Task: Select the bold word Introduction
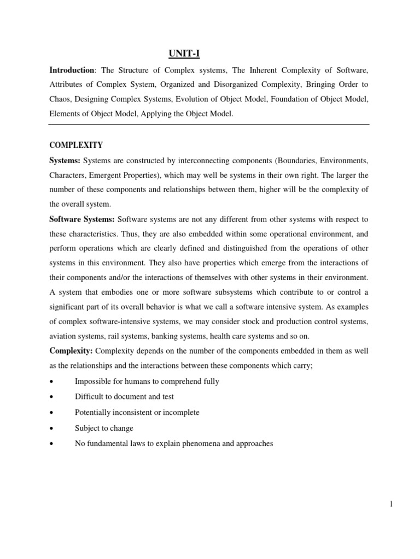[x=72, y=70]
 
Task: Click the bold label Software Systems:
[x=82, y=219]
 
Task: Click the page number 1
[x=392, y=504]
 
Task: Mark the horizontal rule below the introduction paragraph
[x=209, y=124]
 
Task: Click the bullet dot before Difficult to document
[x=51, y=397]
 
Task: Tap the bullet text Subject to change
[x=104, y=428]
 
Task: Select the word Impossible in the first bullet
[x=94, y=382]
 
